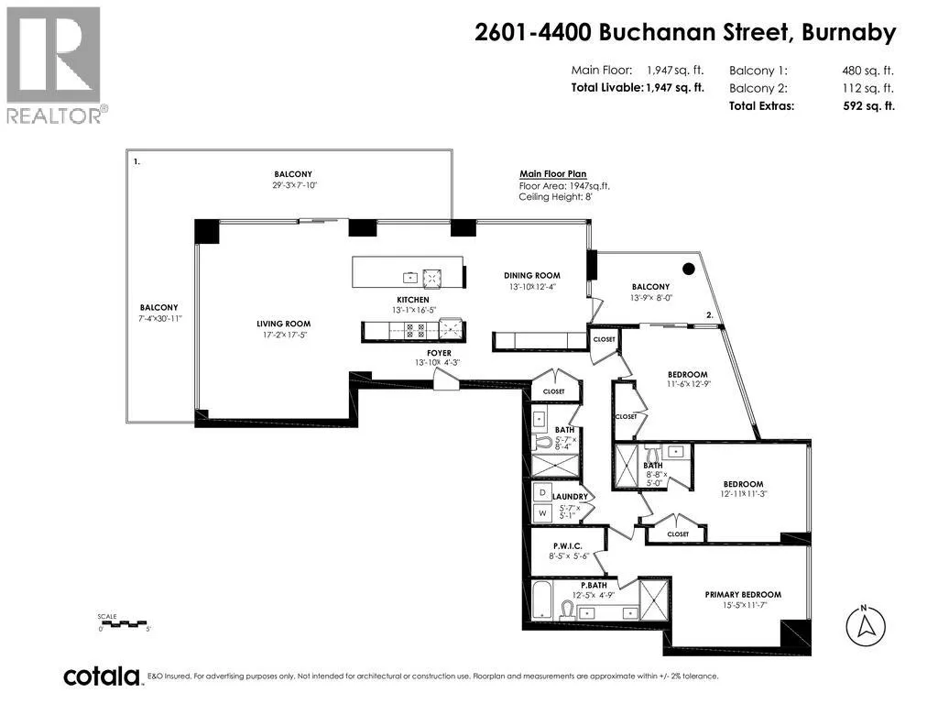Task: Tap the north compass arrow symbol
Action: [865, 626]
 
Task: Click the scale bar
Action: [124, 623]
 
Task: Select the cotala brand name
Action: [101, 676]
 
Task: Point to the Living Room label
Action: [284, 324]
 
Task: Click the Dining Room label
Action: [532, 275]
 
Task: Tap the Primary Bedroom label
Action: [743, 594]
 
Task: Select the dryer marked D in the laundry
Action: [542, 492]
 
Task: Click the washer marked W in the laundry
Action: [542, 513]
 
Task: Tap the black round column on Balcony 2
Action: [689, 269]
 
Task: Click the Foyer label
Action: [439, 353]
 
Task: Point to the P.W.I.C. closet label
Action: [567, 546]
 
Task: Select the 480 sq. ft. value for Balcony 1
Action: [868, 71]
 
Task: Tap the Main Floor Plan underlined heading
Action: [552, 174]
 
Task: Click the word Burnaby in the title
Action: [849, 32]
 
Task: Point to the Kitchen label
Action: [413, 300]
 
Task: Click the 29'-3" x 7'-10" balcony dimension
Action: [294, 185]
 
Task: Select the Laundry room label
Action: [570, 496]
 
